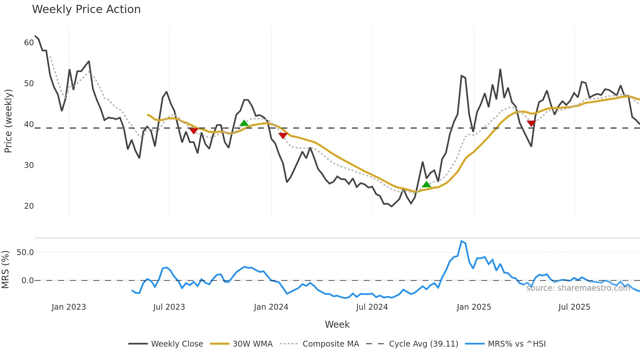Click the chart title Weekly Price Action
[x=86, y=9]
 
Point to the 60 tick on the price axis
[x=29, y=43]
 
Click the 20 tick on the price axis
[x=29, y=206]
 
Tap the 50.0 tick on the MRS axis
[x=25, y=253]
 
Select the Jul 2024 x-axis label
[x=372, y=307]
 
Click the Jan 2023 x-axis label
[x=69, y=307]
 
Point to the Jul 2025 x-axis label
[x=574, y=307]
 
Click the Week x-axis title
[x=337, y=324]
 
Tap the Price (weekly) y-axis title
[x=8, y=121]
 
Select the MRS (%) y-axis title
[x=5, y=270]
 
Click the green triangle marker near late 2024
[x=426, y=185]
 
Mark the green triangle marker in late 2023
[x=244, y=123]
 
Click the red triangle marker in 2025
[x=531, y=123]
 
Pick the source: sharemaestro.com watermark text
[x=578, y=288]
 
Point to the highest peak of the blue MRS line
[x=461, y=241]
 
